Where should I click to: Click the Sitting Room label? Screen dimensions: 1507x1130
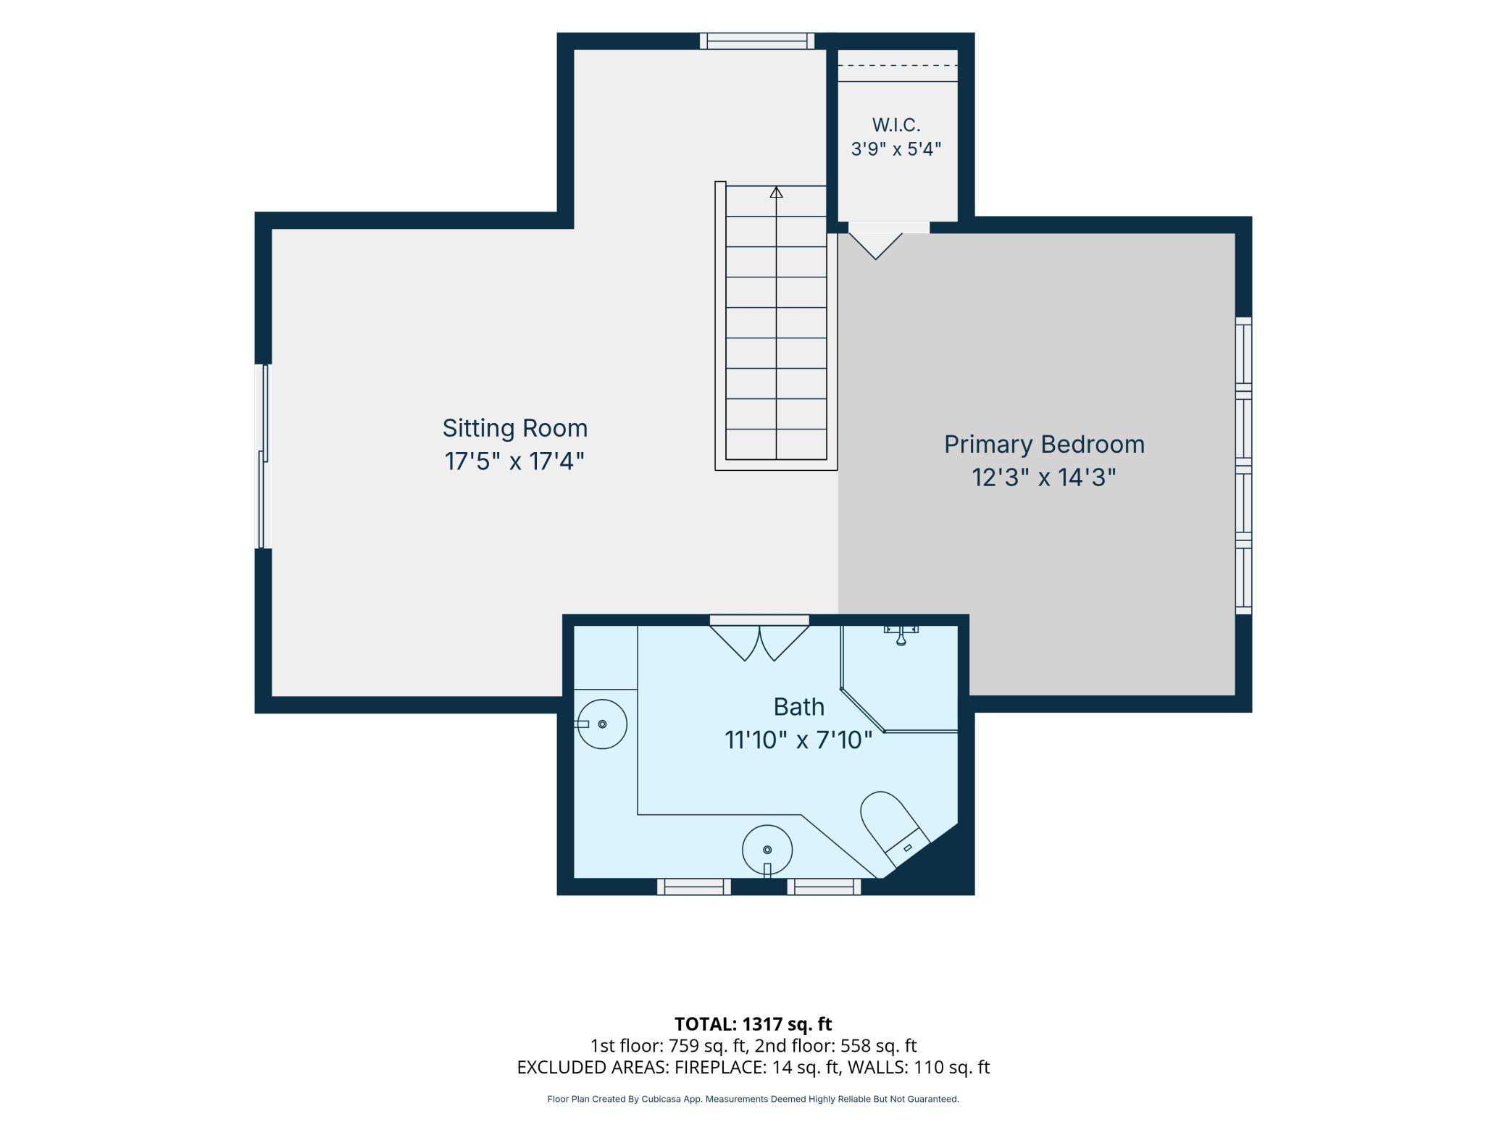click(x=515, y=428)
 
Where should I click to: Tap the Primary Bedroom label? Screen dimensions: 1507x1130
click(x=1044, y=445)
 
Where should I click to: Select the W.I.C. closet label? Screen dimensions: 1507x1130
click(x=896, y=125)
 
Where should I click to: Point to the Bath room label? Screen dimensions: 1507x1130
click(x=798, y=706)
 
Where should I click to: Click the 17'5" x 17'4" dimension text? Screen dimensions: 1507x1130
click(x=514, y=461)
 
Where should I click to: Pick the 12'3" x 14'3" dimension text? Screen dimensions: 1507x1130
click(x=1044, y=478)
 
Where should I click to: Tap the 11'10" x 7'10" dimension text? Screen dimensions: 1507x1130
click(x=798, y=740)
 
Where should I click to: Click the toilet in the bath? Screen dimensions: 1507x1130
click(x=894, y=827)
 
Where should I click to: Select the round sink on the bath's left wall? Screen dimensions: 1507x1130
click(x=601, y=724)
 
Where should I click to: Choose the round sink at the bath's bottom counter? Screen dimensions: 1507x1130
click(x=767, y=850)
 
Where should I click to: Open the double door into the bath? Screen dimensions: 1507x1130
click(x=759, y=642)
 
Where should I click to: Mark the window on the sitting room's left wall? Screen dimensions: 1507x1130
click(x=264, y=456)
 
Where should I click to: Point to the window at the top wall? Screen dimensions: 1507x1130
click(x=757, y=41)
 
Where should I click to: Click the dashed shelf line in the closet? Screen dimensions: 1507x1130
click(x=898, y=65)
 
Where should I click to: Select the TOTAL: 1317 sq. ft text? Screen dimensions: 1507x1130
click(x=753, y=1024)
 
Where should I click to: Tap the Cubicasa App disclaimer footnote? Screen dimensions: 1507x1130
click(x=753, y=1099)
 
